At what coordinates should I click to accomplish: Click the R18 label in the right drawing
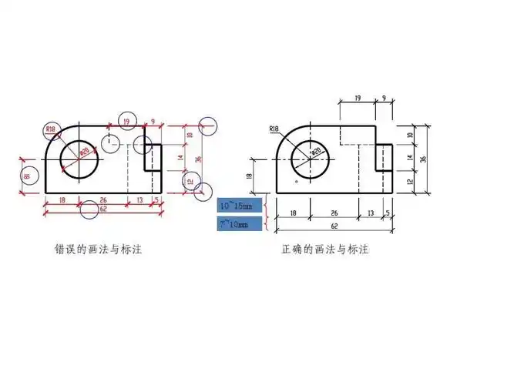coord(275,129)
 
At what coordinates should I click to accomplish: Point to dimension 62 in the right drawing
coord(334,226)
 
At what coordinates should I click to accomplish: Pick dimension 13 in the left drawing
coord(140,199)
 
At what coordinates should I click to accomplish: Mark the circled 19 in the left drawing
coord(127,121)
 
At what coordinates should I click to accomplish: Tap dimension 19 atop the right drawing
coord(358,99)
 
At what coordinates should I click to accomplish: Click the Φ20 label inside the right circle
coord(314,152)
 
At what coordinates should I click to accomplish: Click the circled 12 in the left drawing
coord(189,181)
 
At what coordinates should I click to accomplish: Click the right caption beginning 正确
coord(325,250)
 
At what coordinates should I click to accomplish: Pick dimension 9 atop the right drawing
coord(384,99)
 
